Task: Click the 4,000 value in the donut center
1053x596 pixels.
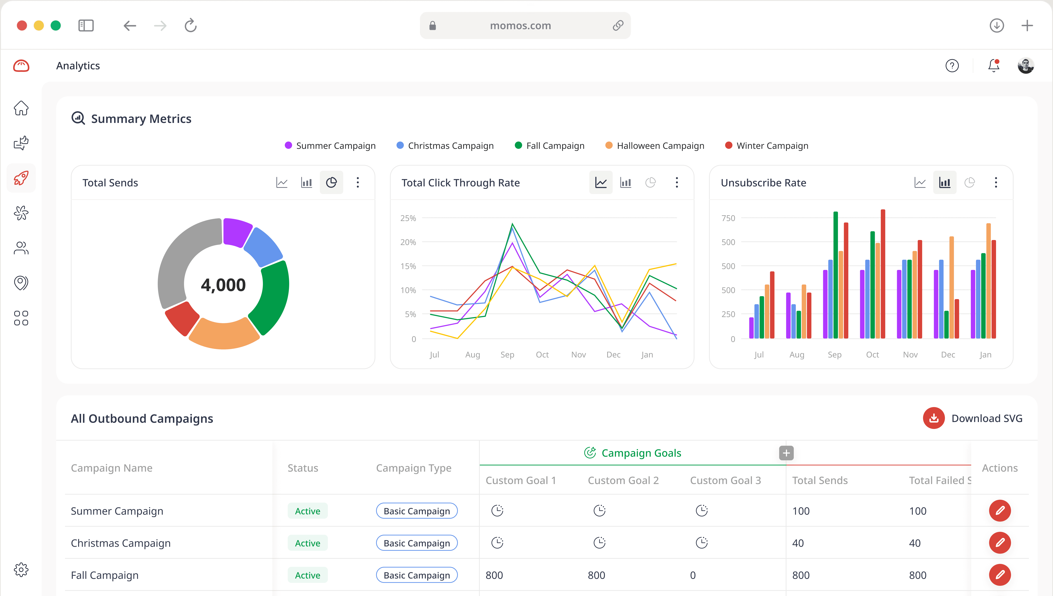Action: click(x=223, y=285)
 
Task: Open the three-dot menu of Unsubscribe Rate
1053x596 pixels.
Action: click(x=996, y=183)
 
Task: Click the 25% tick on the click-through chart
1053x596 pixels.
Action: click(x=408, y=218)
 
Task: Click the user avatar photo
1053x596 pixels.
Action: click(x=1026, y=65)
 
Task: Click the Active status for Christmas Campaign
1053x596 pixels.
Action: click(x=307, y=543)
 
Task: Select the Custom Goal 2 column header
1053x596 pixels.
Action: click(x=623, y=480)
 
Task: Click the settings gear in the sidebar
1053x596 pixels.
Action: click(x=21, y=569)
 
